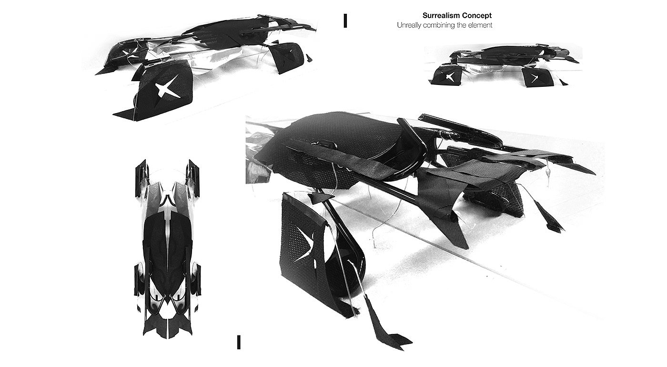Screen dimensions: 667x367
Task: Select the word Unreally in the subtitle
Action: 409,25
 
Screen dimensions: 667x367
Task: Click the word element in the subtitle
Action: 480,25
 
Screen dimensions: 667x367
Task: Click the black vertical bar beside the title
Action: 344,21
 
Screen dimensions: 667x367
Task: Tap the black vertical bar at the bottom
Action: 238,342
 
